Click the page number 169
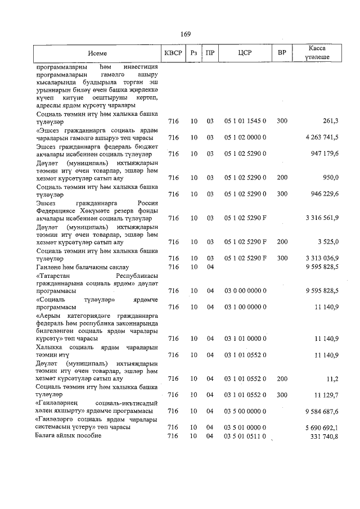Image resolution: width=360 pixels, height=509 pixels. (x=186, y=34)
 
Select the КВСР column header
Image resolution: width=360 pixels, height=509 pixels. (x=173, y=53)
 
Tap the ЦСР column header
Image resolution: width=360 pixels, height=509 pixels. (x=245, y=53)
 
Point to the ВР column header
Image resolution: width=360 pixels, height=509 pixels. (x=282, y=53)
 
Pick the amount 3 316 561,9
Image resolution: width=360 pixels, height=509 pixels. (x=321, y=218)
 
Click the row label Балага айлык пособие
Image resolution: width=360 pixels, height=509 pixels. (x=68, y=436)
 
